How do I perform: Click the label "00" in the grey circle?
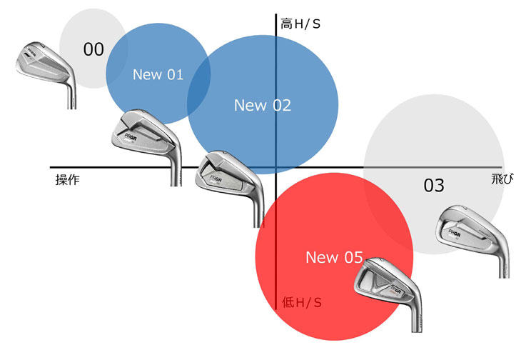pyautogui.click(x=93, y=49)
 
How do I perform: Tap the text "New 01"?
pyautogui.click(x=158, y=74)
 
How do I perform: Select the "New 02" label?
pyautogui.click(x=263, y=106)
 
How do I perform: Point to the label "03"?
pyautogui.click(x=434, y=186)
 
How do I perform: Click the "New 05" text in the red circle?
pyautogui.click(x=334, y=257)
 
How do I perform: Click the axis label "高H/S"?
pyautogui.click(x=300, y=24)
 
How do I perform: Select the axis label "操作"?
pyautogui.click(x=67, y=180)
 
